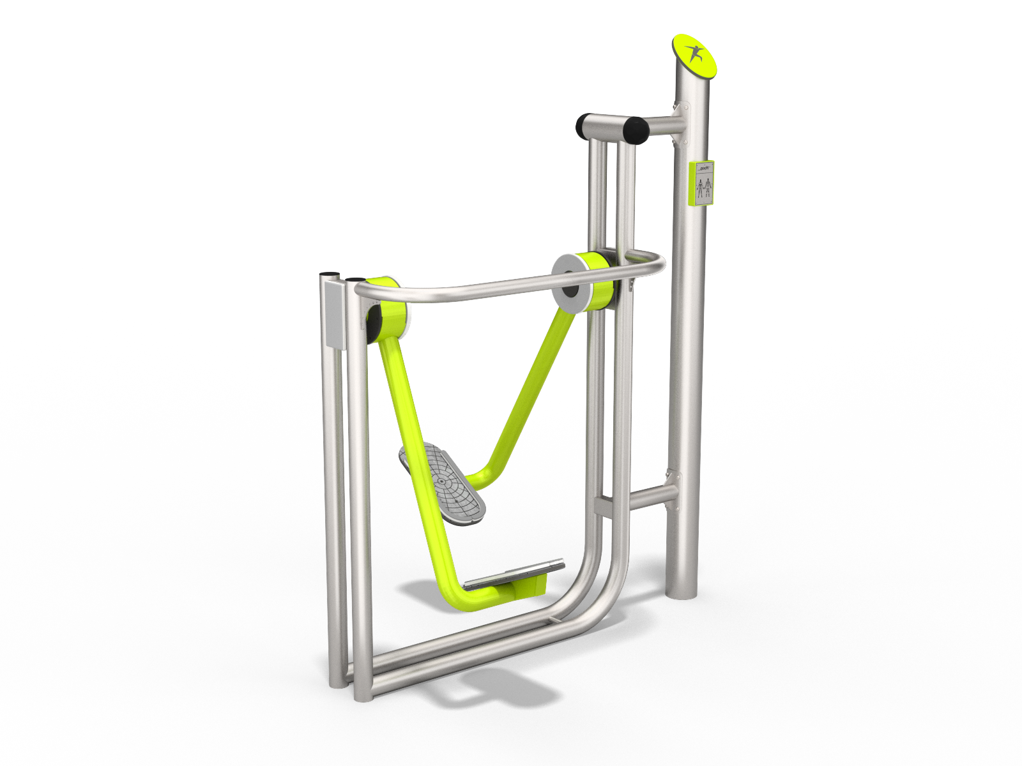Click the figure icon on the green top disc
(694, 54)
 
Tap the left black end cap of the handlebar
(583, 126)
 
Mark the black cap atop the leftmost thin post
(329, 274)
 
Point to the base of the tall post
(681, 590)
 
